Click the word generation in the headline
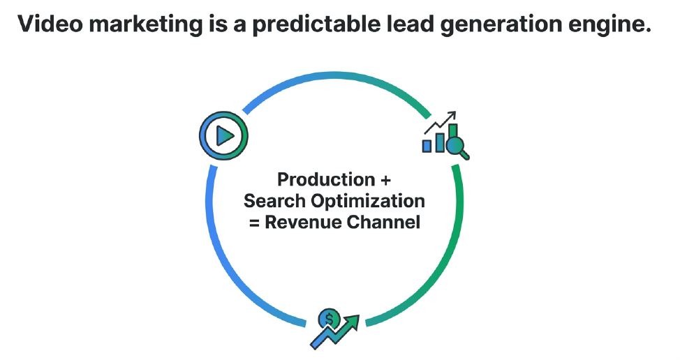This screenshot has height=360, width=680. pos(497,25)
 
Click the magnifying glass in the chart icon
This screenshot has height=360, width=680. pos(458,147)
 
